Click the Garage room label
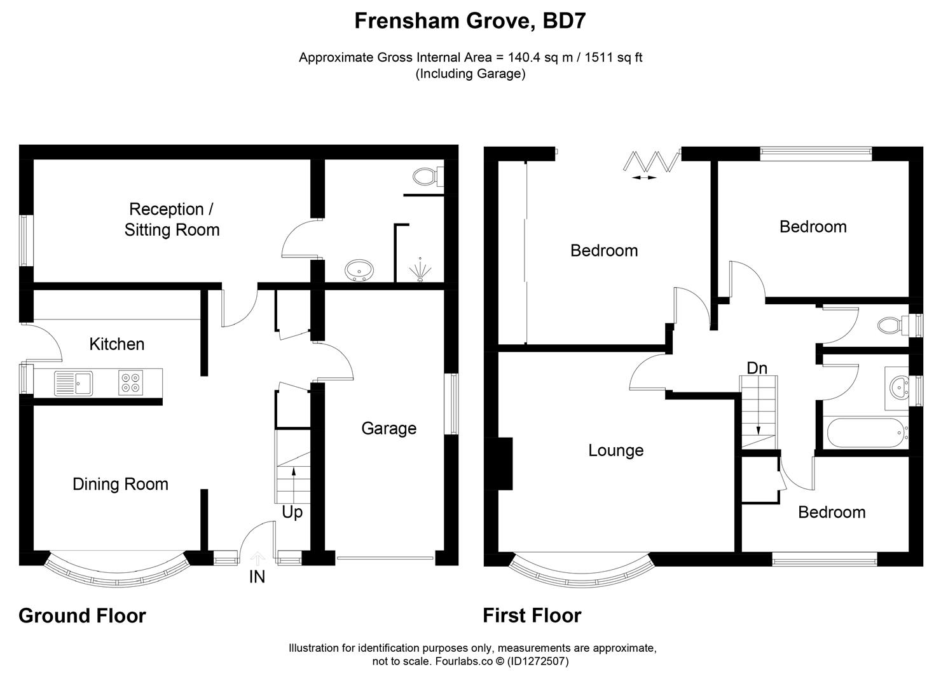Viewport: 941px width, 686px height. click(x=388, y=428)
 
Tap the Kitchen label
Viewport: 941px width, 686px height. click(x=117, y=344)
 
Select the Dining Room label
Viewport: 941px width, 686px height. click(x=120, y=484)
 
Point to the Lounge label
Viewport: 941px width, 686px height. click(x=615, y=450)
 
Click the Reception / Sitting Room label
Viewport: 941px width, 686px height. click(x=172, y=219)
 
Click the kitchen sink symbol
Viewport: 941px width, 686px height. click(x=73, y=382)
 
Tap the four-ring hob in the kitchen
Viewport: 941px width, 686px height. click(x=132, y=382)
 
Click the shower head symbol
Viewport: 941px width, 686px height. click(x=419, y=269)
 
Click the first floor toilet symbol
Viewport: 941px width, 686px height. click(x=892, y=326)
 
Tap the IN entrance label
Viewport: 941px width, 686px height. click(x=257, y=577)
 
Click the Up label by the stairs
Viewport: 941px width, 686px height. click(x=292, y=512)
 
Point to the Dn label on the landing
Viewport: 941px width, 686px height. click(x=757, y=368)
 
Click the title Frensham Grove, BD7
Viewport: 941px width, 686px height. click(x=470, y=21)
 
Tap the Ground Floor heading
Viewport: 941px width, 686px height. click(x=82, y=615)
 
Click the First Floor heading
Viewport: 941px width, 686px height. click(x=532, y=615)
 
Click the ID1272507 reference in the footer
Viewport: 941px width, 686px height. click(x=537, y=661)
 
